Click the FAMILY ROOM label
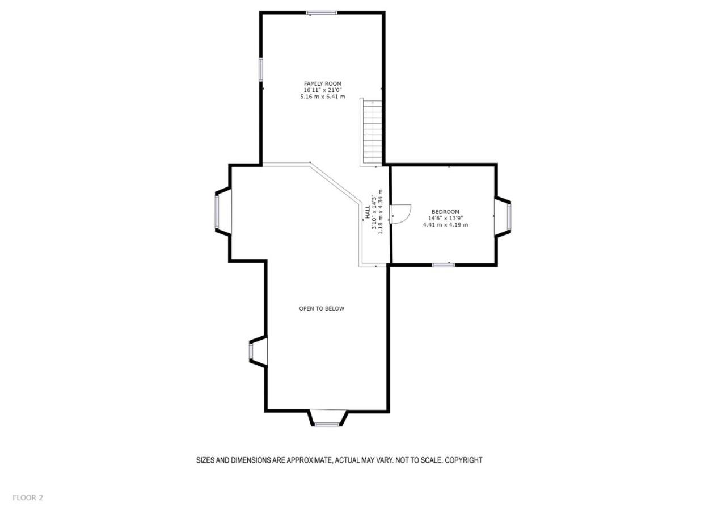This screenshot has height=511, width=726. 323,83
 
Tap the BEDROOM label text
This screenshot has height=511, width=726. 445,212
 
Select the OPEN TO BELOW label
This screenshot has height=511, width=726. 322,308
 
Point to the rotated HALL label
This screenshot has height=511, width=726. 368,212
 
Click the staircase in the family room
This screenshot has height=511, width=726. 373,132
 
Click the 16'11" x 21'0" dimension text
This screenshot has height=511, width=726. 323,90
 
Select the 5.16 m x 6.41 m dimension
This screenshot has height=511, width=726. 323,97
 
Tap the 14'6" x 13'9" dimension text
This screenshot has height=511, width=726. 445,218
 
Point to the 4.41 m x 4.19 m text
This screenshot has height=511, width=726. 445,224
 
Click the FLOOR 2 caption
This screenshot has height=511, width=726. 28,498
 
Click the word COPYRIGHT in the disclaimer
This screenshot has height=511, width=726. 463,460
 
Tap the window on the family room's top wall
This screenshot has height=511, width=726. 322,13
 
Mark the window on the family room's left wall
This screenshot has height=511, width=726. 260,69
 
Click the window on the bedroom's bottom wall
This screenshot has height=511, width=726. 444,265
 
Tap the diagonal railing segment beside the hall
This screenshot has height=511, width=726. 336,184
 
